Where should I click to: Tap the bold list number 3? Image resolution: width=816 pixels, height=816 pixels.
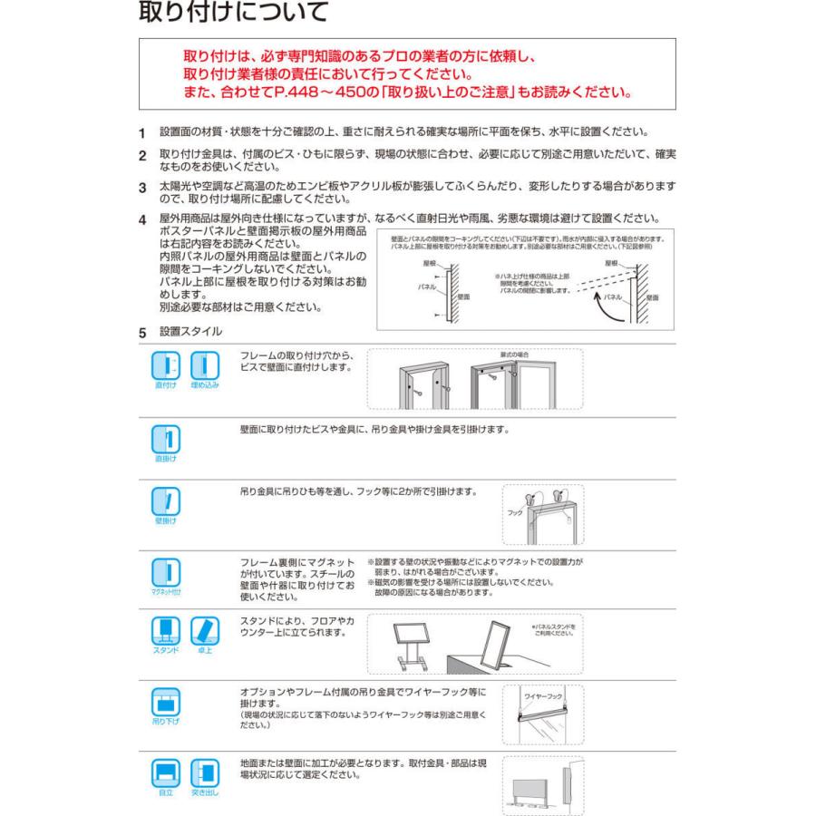142,189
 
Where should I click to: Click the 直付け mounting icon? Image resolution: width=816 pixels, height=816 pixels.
166,367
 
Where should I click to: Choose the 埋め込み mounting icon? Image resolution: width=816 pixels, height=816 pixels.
204,367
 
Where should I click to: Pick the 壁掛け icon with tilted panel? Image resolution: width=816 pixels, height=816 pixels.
166,500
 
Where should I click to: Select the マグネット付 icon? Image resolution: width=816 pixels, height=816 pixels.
166,572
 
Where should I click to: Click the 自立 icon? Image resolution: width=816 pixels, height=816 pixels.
166,772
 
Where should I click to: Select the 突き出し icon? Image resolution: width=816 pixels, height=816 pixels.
204,772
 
